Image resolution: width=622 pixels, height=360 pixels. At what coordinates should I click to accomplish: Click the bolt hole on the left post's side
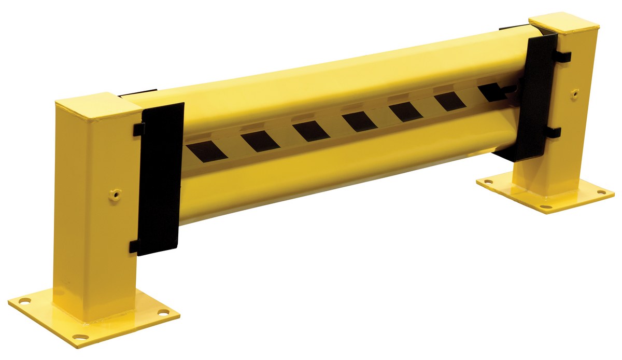coord(114,196)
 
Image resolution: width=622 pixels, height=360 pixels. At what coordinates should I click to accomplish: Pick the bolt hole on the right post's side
coord(575,94)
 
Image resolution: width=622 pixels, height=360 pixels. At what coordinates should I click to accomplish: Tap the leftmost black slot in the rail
coord(206,150)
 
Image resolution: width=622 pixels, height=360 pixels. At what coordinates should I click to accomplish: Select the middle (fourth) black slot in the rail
coord(359,121)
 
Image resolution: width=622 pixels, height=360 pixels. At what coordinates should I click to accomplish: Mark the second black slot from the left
coord(260,141)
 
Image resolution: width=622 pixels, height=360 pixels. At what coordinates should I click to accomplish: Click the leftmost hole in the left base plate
coord(25,300)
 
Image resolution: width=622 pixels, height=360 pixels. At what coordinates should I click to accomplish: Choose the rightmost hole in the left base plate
coord(163,313)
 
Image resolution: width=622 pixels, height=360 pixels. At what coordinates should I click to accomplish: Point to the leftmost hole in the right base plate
coord(489,182)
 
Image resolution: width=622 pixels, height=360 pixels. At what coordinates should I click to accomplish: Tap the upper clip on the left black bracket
coord(138,129)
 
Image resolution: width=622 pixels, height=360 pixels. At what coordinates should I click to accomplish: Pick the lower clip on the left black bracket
coord(134,246)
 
